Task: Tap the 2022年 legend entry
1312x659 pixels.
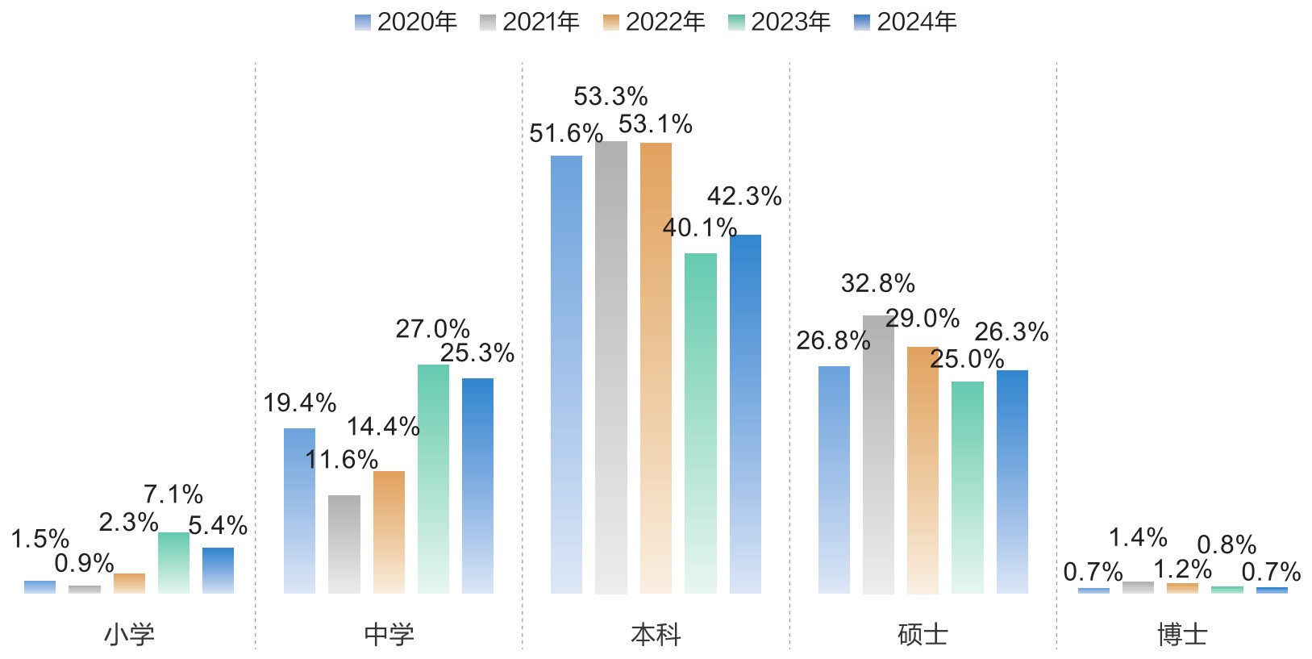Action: (x=654, y=22)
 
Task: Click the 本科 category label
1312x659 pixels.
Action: (x=656, y=635)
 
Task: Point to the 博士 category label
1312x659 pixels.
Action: (x=1182, y=635)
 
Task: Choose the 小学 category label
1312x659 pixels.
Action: (x=129, y=635)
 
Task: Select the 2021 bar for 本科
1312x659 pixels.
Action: (x=611, y=367)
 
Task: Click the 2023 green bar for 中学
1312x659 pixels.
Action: (x=433, y=479)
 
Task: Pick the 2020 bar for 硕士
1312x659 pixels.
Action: (x=834, y=480)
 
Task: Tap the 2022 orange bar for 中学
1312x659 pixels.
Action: (x=389, y=532)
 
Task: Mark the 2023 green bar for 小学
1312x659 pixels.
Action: (x=173, y=563)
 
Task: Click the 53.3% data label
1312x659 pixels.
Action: (x=610, y=97)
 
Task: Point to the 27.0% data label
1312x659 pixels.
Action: (x=432, y=329)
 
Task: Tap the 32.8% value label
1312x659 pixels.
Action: (x=877, y=284)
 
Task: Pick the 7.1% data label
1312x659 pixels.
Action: (x=173, y=494)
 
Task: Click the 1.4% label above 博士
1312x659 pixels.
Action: (x=1138, y=537)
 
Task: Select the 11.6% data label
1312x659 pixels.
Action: (x=341, y=460)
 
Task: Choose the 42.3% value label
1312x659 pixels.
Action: (x=744, y=196)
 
